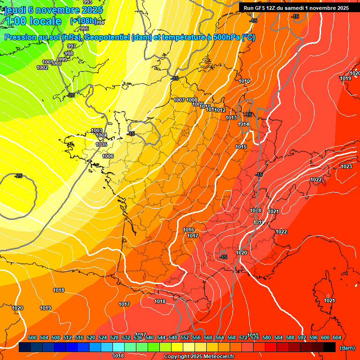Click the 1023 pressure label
[346, 166]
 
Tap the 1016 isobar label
[188, 230]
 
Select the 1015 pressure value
[241, 147]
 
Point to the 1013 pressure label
[231, 118]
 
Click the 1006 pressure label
[108, 156]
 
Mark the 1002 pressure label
[42, 67]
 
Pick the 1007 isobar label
[179, 100]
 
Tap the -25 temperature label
[18, 176]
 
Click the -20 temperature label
[71, 95]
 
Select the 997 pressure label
[72, 46]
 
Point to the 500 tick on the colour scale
[32, 337]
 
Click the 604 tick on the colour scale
[337, 337]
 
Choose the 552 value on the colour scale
[185, 337]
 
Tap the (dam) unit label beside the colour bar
[347, 348]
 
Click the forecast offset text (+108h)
[83, 21]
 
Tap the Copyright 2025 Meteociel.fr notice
[199, 357]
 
